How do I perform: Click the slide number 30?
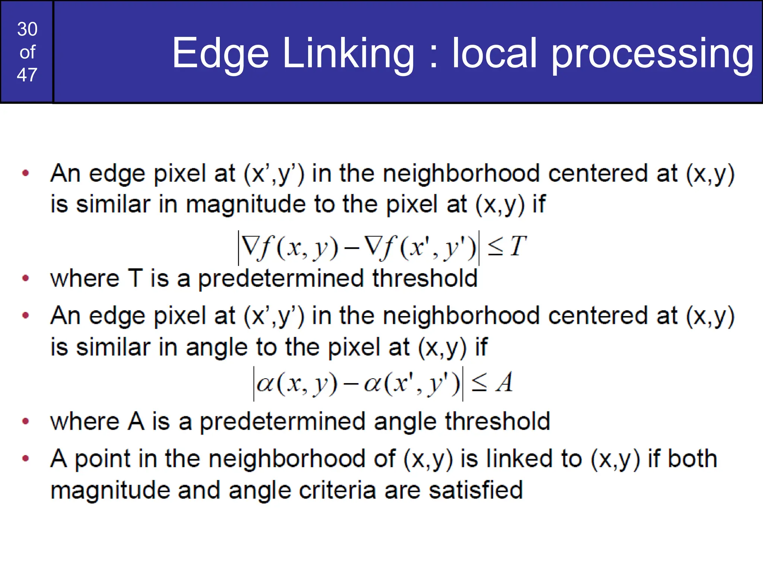coord(27,29)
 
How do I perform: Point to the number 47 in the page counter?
coord(27,75)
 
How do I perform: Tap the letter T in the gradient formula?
coord(518,246)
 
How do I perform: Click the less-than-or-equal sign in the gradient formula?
coord(496,247)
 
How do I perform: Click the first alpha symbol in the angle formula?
coord(265,383)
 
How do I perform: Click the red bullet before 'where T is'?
coord(26,278)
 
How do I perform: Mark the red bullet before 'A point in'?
coord(26,458)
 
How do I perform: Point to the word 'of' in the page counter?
coord(27,52)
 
